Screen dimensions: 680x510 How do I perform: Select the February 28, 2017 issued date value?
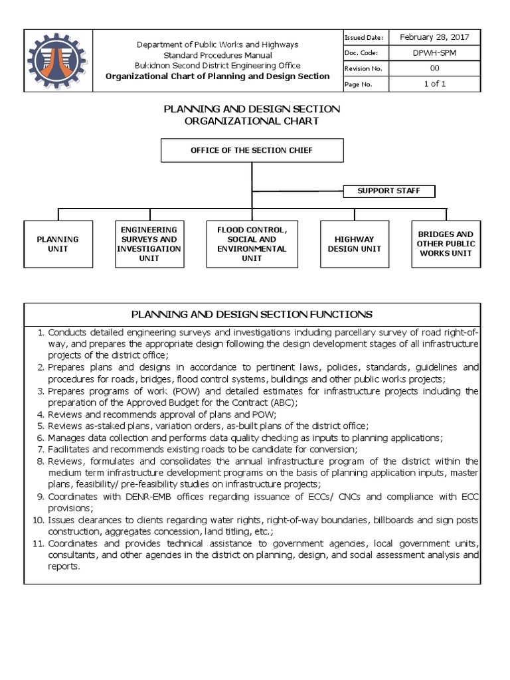pyautogui.click(x=434, y=39)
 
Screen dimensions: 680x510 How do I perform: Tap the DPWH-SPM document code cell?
pyautogui.click(x=434, y=53)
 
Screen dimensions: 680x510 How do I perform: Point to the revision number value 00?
pyautogui.click(x=434, y=68)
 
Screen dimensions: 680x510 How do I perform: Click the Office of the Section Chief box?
pyautogui.click(x=252, y=151)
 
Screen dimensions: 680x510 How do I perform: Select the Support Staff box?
pyautogui.click(x=389, y=191)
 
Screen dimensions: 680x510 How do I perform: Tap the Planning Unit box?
pyautogui.click(x=58, y=244)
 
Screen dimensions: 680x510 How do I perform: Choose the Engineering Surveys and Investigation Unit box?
pyautogui.click(x=149, y=244)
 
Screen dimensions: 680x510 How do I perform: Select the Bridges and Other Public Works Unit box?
pyautogui.click(x=446, y=244)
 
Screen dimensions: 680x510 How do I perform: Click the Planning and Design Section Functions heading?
pyautogui.click(x=252, y=314)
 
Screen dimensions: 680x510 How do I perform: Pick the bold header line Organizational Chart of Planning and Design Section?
pyautogui.click(x=218, y=76)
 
